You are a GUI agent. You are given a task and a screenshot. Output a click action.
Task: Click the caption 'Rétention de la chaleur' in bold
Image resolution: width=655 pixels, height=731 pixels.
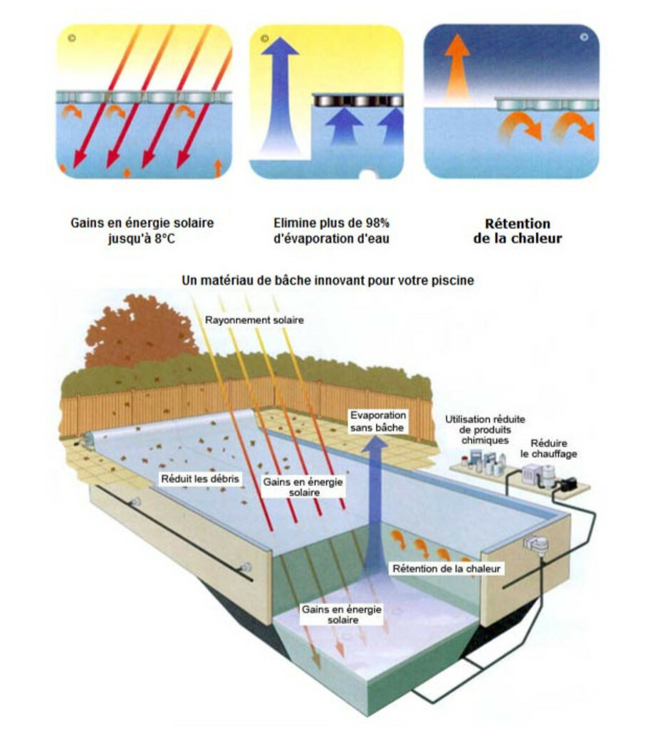(x=517, y=231)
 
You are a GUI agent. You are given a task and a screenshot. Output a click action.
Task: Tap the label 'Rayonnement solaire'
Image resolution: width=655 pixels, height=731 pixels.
(x=254, y=320)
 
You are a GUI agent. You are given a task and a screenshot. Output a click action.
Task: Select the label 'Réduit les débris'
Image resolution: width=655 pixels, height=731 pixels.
(x=200, y=479)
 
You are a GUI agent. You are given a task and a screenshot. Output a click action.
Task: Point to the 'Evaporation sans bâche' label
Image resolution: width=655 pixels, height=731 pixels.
(x=377, y=421)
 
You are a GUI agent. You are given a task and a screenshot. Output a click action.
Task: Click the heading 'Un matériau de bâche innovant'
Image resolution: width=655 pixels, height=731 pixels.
(x=327, y=280)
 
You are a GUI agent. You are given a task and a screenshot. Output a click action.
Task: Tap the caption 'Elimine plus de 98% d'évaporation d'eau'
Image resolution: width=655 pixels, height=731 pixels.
(x=331, y=231)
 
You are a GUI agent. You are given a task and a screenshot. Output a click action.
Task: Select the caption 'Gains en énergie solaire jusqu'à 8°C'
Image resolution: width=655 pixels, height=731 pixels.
(x=142, y=231)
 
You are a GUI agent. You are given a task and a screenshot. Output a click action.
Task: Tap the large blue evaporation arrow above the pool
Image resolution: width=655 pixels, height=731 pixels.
(x=374, y=498)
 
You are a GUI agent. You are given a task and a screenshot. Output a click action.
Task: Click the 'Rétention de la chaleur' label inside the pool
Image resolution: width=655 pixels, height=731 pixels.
(x=448, y=568)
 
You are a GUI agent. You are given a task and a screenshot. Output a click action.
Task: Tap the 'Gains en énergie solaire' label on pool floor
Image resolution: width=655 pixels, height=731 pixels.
(x=342, y=614)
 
